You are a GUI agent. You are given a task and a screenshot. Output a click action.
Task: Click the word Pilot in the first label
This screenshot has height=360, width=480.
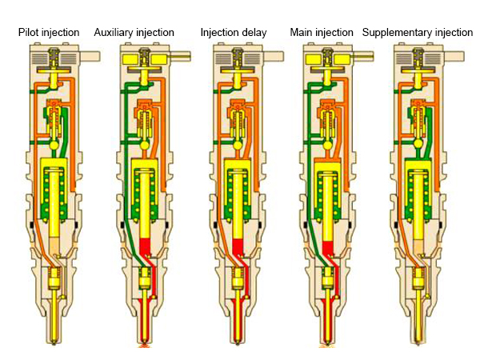click(30, 33)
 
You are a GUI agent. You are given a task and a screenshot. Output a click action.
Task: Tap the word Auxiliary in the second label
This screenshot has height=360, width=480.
click(114, 33)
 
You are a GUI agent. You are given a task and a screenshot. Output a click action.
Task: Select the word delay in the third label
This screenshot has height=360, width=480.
click(250, 33)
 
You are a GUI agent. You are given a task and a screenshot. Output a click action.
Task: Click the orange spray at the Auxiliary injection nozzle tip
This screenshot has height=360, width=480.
click(145, 346)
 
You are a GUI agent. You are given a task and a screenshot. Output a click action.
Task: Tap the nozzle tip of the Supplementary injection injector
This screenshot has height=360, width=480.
click(418, 342)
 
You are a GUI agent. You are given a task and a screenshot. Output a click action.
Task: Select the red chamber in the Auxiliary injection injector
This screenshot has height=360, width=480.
click(146, 245)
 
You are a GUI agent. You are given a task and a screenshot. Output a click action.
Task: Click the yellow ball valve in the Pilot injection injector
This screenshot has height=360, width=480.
click(54, 146)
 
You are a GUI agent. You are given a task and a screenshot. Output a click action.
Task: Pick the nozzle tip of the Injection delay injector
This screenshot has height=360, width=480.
click(237, 342)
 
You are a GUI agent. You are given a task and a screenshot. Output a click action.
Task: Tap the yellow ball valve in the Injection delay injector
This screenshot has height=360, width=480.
click(237, 146)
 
